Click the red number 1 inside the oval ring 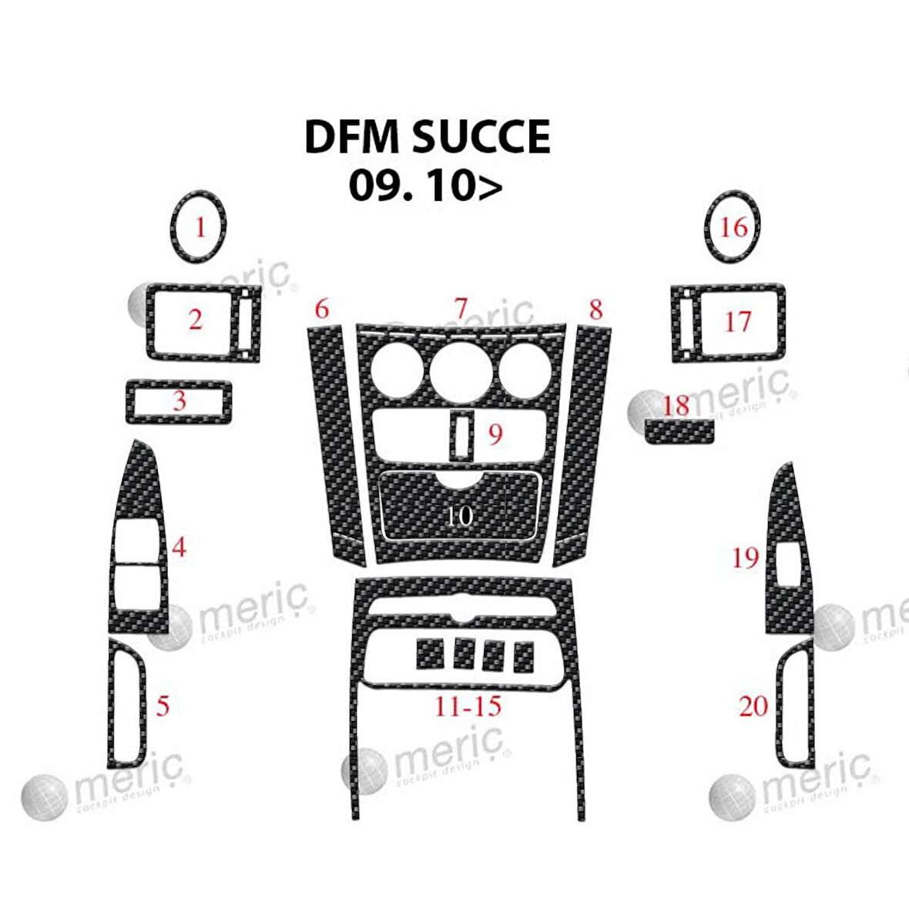200,227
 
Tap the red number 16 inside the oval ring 733,226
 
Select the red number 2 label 196,319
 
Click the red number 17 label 737,320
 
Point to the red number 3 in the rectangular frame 179,401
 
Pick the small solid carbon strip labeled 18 681,432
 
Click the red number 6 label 321,309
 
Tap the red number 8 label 595,310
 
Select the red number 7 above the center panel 461,308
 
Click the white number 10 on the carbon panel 459,515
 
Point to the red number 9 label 495,434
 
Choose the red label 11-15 468,705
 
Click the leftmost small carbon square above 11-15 429,654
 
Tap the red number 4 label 179,548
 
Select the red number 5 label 163,705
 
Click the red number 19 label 745,557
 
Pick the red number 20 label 753,705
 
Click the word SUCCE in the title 481,137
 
